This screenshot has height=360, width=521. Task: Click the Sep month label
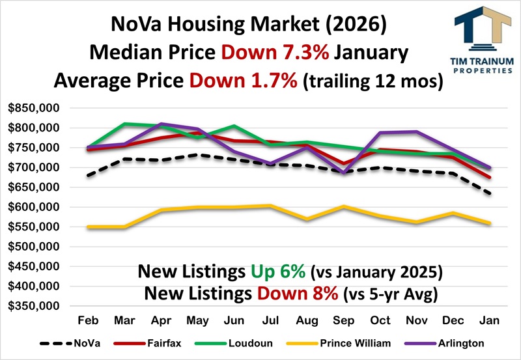343,321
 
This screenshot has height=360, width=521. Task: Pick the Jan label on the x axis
490,321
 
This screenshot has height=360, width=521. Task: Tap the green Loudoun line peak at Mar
124,124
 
